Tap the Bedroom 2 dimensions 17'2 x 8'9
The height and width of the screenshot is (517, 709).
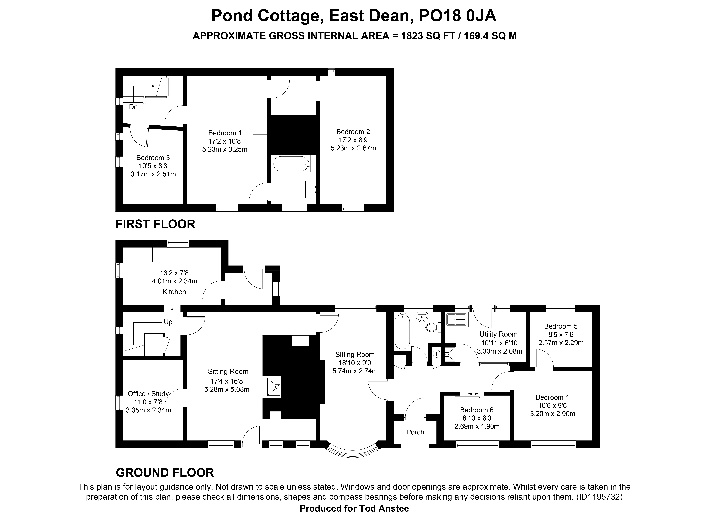[x=353, y=140]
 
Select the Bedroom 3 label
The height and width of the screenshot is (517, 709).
[x=153, y=158]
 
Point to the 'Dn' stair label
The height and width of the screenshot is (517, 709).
[x=133, y=107]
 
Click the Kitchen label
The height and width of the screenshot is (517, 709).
[x=174, y=292]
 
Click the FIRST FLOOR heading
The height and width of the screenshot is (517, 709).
[x=155, y=224]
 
